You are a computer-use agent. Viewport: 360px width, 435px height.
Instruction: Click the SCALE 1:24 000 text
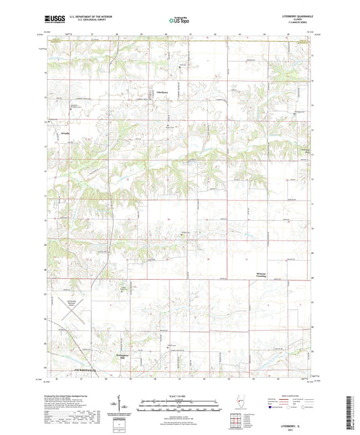coord(180,395)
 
